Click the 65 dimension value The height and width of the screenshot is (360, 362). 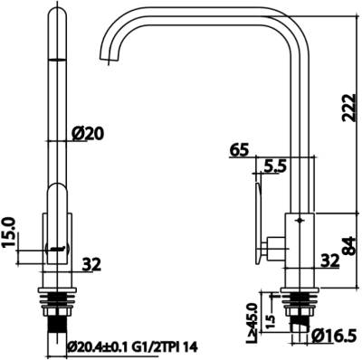point(240,151)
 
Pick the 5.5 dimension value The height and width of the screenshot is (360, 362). point(275,167)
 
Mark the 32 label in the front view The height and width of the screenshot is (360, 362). point(91,265)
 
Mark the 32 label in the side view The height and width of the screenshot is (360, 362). point(329,261)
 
